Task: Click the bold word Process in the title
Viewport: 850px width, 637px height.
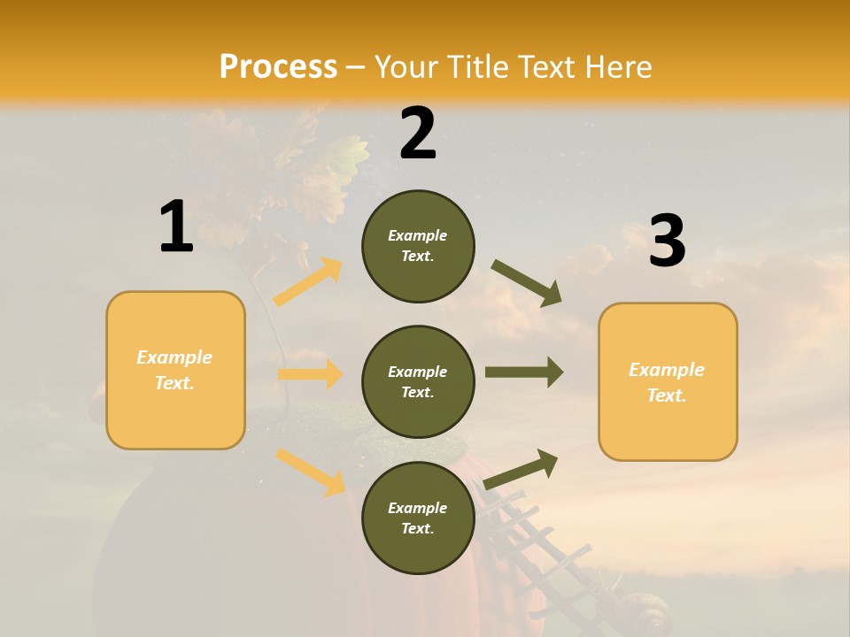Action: point(278,66)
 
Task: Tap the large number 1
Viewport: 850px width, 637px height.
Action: point(176,226)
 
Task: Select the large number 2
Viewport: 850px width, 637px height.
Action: point(418,134)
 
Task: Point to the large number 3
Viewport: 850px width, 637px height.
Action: point(667,241)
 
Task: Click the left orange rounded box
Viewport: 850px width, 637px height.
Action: point(175,370)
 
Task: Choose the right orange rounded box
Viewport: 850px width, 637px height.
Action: point(668,381)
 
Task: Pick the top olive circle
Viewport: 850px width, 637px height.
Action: point(418,246)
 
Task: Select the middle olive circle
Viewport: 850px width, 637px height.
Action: point(418,381)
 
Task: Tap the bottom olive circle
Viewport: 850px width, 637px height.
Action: point(418,518)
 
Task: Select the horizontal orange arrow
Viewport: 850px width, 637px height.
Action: point(310,374)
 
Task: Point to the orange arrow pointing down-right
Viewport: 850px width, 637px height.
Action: point(310,472)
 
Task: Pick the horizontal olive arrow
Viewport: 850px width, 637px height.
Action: point(523,372)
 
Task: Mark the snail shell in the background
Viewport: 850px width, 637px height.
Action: point(646,612)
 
